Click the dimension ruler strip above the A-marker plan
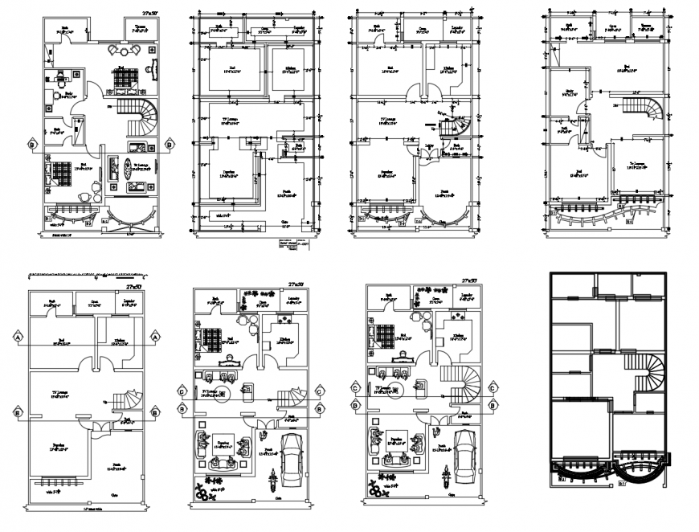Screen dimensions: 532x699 point(84,276)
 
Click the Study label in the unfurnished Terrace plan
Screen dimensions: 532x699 point(569,92)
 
